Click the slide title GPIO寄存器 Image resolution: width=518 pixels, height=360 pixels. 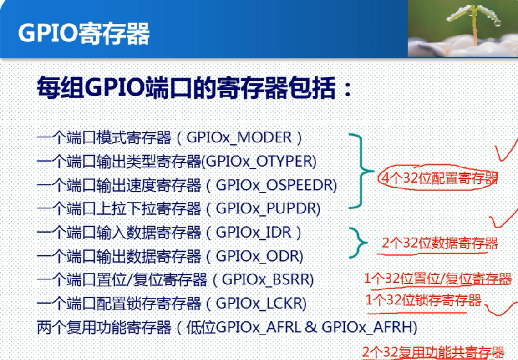pyautogui.click(x=84, y=33)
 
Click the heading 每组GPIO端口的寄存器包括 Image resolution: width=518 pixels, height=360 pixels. pyautogui.click(x=194, y=88)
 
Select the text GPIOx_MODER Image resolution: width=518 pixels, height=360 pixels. pyautogui.click(x=239, y=138)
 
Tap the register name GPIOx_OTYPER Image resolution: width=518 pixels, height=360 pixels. pyautogui.click(x=259, y=162)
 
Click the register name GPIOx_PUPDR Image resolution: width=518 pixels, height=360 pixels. pyautogui.click(x=266, y=209)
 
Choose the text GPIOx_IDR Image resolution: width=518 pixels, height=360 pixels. pyautogui.click(x=254, y=233)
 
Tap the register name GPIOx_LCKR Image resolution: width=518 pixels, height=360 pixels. pyautogui.click(x=259, y=304)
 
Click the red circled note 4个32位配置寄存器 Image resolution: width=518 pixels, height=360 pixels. pyautogui.click(x=439, y=178)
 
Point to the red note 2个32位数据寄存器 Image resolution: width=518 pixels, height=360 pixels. pyautogui.click(x=440, y=243)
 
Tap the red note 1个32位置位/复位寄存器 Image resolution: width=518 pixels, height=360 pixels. pyautogui.click(x=437, y=279)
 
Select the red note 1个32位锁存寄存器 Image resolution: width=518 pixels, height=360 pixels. pyautogui.click(x=423, y=300)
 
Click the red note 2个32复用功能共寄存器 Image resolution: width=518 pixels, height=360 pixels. pyautogui.click(x=433, y=352)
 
